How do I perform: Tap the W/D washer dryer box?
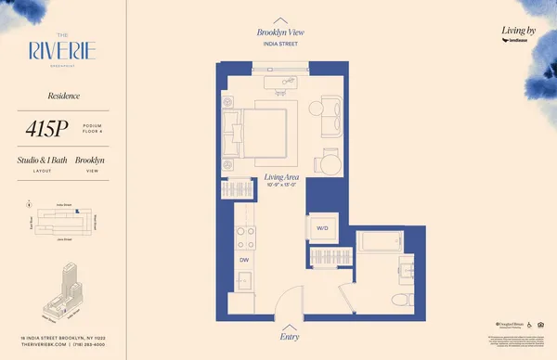323,227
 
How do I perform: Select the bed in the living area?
263,131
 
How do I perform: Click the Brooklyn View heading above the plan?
280,32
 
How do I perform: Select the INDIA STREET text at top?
280,43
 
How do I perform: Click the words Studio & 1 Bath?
42,161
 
